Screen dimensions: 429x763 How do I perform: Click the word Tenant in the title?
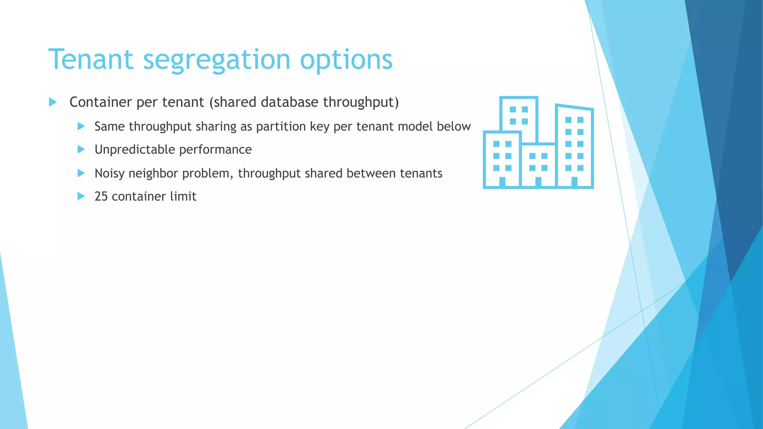pyautogui.click(x=91, y=60)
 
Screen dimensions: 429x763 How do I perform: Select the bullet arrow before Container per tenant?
pyautogui.click(x=53, y=102)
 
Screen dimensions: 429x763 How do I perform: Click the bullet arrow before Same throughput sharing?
pyautogui.click(x=81, y=126)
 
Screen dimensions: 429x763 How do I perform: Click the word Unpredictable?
pyautogui.click(x=134, y=150)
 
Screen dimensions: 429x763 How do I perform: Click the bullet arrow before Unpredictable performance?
pyautogui.click(x=81, y=150)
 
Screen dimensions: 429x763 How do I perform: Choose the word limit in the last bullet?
pyautogui.click(x=183, y=197)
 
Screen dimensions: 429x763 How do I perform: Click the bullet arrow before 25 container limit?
pyautogui.click(x=81, y=196)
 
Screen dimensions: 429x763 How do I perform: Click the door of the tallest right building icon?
pyautogui.click(x=574, y=181)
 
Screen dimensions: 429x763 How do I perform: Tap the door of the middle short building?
pyautogui.click(x=538, y=181)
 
